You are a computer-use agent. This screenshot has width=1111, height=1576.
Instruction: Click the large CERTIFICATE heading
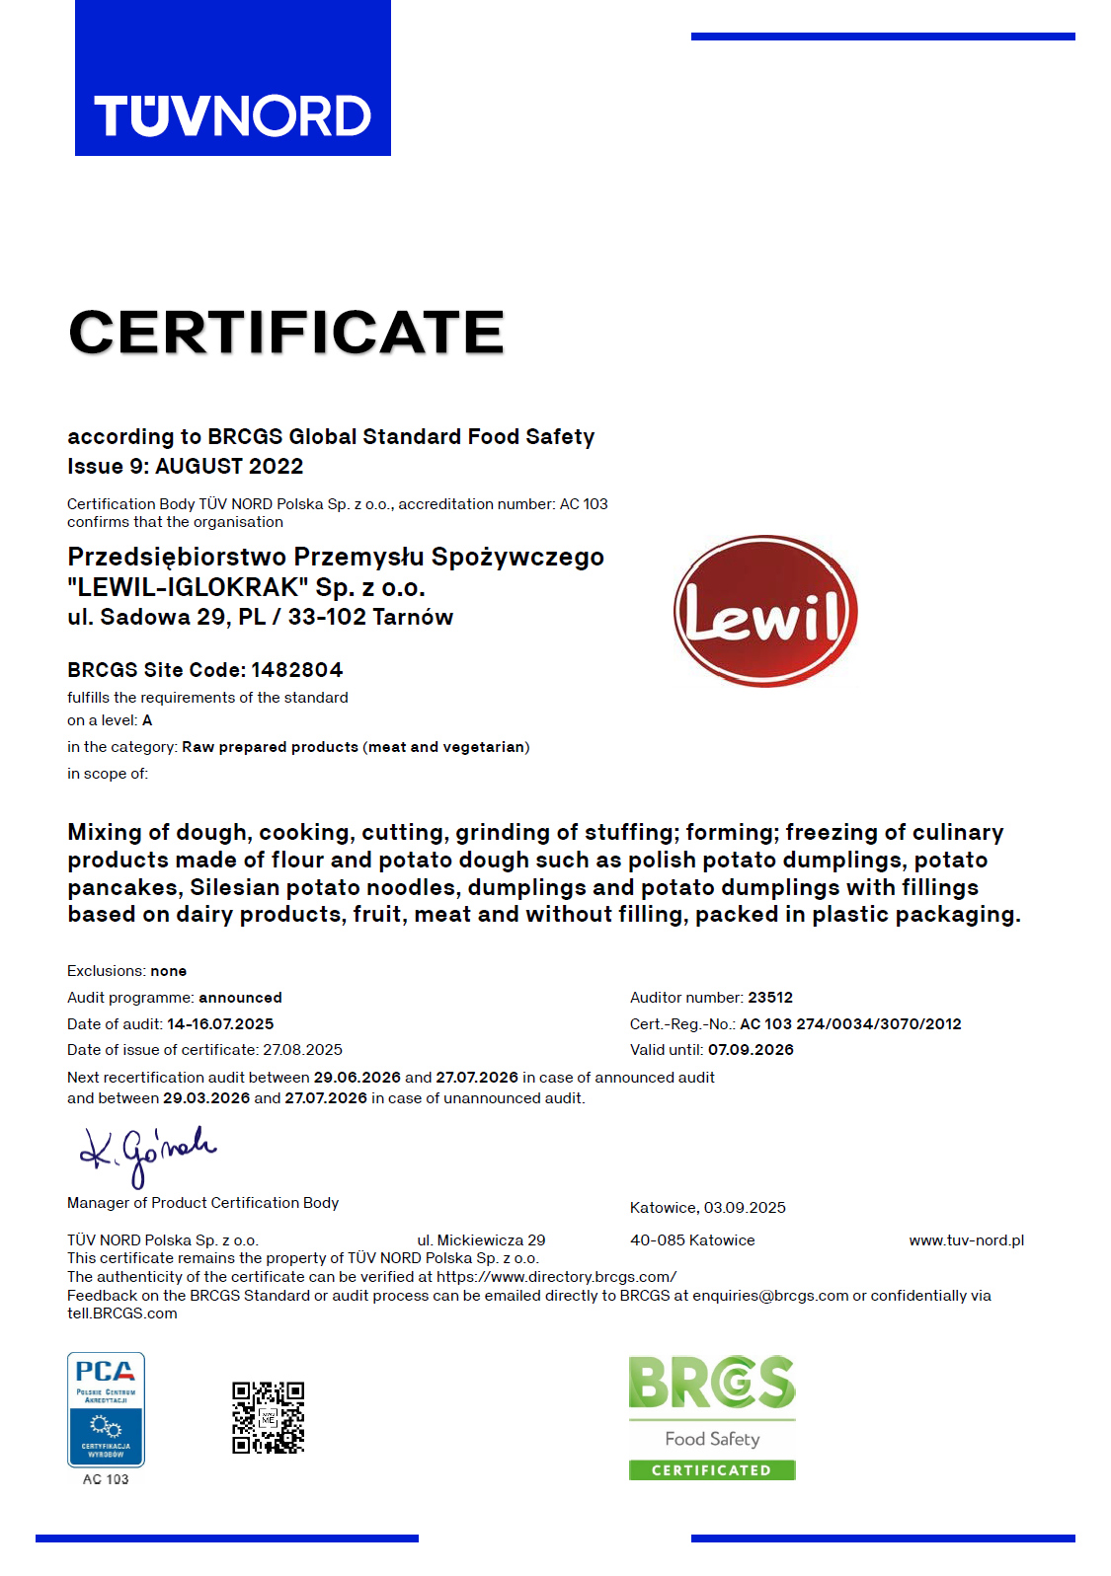click(286, 332)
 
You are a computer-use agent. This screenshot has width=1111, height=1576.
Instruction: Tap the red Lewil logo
click(765, 612)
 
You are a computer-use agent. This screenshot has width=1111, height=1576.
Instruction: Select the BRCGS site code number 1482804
click(297, 670)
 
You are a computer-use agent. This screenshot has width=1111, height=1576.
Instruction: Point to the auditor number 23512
click(770, 998)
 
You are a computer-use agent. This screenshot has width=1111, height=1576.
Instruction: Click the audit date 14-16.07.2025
click(220, 1024)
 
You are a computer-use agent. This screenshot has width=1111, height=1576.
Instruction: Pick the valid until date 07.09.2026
click(751, 1050)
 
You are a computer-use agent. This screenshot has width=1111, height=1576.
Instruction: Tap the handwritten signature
click(148, 1153)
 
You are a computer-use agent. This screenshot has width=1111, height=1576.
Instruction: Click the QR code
click(268, 1417)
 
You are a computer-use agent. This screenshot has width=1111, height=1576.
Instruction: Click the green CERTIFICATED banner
click(712, 1470)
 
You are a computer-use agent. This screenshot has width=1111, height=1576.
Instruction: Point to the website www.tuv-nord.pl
click(966, 1240)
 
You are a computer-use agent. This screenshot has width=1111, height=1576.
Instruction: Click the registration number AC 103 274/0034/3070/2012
click(850, 1024)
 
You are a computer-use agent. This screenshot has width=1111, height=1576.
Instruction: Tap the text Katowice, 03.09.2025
click(708, 1208)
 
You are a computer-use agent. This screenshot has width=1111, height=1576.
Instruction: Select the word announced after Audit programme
click(240, 998)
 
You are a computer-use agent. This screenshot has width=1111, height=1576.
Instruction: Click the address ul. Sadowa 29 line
click(260, 618)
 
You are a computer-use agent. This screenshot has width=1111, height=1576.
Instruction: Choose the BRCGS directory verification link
click(556, 1277)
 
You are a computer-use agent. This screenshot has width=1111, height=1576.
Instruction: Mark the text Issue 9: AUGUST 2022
click(186, 467)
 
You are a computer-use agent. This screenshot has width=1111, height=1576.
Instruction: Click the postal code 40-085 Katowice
click(692, 1240)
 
